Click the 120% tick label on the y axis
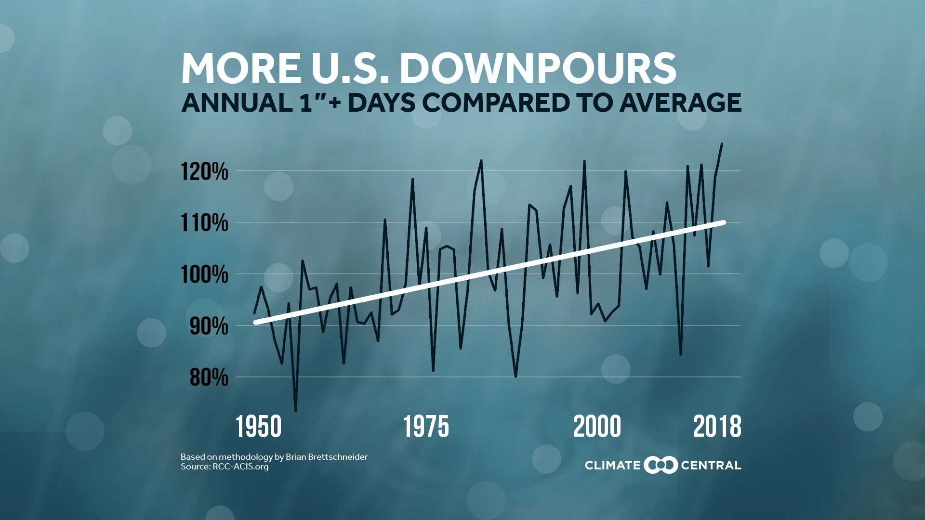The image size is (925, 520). (x=204, y=171)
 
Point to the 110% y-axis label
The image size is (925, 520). (x=204, y=223)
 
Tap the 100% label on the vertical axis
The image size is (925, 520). (x=204, y=274)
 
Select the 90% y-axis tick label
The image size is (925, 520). (x=209, y=326)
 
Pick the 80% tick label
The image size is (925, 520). (x=209, y=377)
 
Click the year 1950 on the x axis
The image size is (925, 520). (x=258, y=427)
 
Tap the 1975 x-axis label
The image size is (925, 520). (x=426, y=427)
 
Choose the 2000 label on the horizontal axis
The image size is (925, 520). (x=597, y=427)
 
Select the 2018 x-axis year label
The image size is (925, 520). (x=717, y=427)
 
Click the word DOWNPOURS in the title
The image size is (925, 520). (x=538, y=68)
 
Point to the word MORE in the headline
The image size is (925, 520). (x=241, y=68)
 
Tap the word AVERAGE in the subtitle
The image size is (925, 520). (x=680, y=103)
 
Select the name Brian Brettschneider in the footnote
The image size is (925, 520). (x=327, y=456)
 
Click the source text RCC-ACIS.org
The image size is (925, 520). (x=240, y=467)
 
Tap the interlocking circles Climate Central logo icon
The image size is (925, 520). (x=661, y=465)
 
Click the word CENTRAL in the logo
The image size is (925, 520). (x=711, y=465)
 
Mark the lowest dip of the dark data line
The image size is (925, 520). (x=295, y=411)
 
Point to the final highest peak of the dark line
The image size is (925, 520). (x=722, y=143)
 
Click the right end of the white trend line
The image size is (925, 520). (x=724, y=222)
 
